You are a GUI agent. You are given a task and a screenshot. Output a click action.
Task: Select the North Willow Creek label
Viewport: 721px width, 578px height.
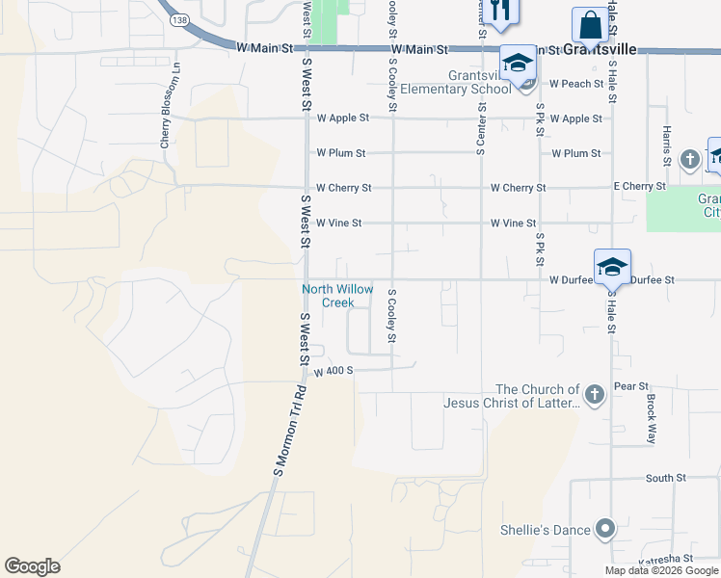(x=337, y=296)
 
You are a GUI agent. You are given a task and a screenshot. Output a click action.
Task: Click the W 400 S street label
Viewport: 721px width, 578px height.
(x=334, y=371)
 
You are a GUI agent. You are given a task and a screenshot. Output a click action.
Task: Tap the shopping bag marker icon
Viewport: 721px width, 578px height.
(x=590, y=26)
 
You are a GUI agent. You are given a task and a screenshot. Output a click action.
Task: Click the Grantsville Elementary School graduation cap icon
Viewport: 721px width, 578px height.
(x=518, y=65)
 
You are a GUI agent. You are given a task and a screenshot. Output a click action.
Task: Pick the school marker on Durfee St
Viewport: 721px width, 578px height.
(x=611, y=267)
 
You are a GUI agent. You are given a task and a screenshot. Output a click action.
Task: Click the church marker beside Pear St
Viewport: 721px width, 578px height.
(x=595, y=393)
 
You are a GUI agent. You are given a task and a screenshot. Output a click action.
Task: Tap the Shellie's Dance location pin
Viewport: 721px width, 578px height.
(x=604, y=528)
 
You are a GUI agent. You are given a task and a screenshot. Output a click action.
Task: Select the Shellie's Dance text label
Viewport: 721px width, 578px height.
(x=544, y=529)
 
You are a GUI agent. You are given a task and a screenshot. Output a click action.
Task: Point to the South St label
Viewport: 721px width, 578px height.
(x=665, y=478)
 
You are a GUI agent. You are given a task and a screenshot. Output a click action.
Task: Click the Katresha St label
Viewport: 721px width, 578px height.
(x=664, y=559)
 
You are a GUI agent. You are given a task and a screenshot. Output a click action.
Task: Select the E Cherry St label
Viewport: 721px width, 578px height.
(x=640, y=187)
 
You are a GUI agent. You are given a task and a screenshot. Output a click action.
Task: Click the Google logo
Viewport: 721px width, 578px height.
(x=32, y=566)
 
